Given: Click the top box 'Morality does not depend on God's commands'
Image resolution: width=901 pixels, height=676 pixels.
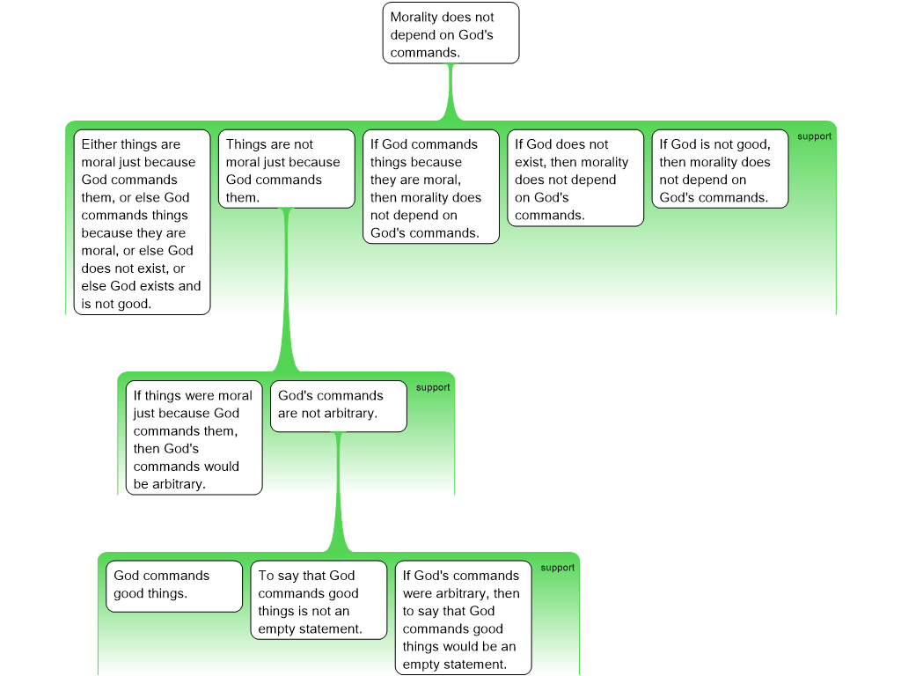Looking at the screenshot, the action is [x=451, y=33].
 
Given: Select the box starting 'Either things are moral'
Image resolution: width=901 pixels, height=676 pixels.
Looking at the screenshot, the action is [x=142, y=222].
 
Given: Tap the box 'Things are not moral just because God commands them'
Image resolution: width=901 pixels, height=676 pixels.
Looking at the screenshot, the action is [x=287, y=169].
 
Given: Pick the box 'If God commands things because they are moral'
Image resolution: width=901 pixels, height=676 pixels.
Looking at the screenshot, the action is [x=431, y=187].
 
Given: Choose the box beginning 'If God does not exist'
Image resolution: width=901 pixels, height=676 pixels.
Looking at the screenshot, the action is [x=575, y=178].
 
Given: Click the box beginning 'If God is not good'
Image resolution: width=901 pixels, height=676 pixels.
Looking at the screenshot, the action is [x=720, y=169].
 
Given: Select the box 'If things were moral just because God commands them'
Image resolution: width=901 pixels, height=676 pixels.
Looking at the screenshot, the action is [x=194, y=438].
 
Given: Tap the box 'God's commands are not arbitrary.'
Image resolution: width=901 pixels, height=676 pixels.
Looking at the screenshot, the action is [x=339, y=407].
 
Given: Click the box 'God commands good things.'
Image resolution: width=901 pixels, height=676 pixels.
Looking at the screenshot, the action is [x=174, y=586].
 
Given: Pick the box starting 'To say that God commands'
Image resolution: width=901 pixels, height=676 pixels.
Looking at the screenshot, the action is [x=319, y=600].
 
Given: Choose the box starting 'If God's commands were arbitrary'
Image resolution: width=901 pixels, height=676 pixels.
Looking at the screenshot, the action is [x=463, y=618].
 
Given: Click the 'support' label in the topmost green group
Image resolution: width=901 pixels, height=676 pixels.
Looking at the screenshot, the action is [x=814, y=136].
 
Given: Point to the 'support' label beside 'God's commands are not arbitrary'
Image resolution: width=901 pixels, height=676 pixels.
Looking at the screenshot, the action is [x=433, y=387].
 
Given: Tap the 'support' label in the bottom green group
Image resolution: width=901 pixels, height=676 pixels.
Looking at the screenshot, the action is [x=557, y=568].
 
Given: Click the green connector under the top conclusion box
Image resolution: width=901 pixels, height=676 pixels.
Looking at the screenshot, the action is [x=451, y=92].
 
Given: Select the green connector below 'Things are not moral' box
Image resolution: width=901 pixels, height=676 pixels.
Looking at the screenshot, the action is [x=287, y=290].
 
